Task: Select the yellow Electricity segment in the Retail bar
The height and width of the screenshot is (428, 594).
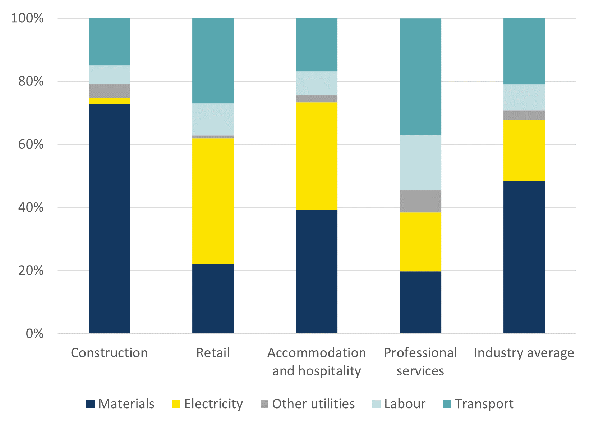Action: (x=213, y=201)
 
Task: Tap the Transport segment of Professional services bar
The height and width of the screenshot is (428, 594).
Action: (x=420, y=76)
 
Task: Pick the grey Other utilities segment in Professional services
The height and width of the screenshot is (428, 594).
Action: (x=420, y=201)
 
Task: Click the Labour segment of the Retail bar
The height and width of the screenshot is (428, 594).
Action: (x=213, y=119)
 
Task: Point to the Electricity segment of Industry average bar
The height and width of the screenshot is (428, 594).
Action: (x=524, y=150)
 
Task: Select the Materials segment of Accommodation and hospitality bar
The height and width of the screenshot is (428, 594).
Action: (x=317, y=271)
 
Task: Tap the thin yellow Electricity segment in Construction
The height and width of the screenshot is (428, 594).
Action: (x=109, y=101)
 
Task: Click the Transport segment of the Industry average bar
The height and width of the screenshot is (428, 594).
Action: (x=524, y=51)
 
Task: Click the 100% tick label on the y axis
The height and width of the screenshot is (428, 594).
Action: (x=27, y=18)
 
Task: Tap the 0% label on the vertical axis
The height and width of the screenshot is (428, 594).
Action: (x=34, y=334)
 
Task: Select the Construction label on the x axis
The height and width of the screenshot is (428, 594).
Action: (x=109, y=353)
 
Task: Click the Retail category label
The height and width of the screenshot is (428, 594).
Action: (x=213, y=353)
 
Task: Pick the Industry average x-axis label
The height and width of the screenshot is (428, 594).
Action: (x=524, y=353)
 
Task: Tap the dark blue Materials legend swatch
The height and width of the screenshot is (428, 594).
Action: (x=90, y=404)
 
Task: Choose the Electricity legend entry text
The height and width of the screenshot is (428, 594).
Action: (x=213, y=404)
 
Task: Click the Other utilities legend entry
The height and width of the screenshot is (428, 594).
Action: (x=313, y=404)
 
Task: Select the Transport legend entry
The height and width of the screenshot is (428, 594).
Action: (x=484, y=404)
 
